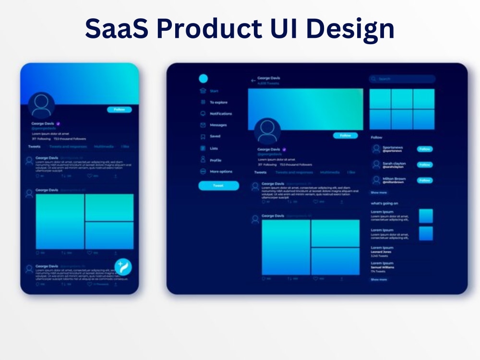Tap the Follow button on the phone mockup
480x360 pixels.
tap(119, 109)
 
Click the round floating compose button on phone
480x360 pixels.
tap(123, 267)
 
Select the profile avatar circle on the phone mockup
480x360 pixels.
tap(41, 106)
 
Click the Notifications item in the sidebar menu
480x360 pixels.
tap(220, 114)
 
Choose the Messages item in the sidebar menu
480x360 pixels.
tap(218, 125)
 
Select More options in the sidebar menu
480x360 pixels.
tap(220, 171)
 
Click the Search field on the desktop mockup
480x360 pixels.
tap(402, 79)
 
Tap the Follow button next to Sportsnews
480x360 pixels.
tap(424, 149)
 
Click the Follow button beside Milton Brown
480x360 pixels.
tap(424, 180)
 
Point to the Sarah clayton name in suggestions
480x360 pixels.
tap(394, 164)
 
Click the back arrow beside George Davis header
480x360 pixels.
tap(253, 81)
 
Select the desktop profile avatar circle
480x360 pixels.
tap(267, 131)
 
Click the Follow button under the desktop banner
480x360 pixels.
tap(345, 136)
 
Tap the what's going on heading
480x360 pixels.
tap(384, 203)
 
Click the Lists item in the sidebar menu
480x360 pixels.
tap(214, 148)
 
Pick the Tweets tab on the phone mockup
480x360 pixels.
tap(34, 146)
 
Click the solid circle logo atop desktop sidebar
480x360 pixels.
tap(203, 79)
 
